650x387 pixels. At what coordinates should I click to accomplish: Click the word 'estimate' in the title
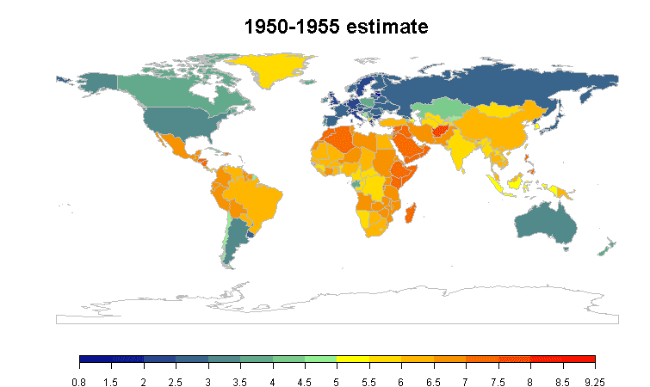pos(387,28)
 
